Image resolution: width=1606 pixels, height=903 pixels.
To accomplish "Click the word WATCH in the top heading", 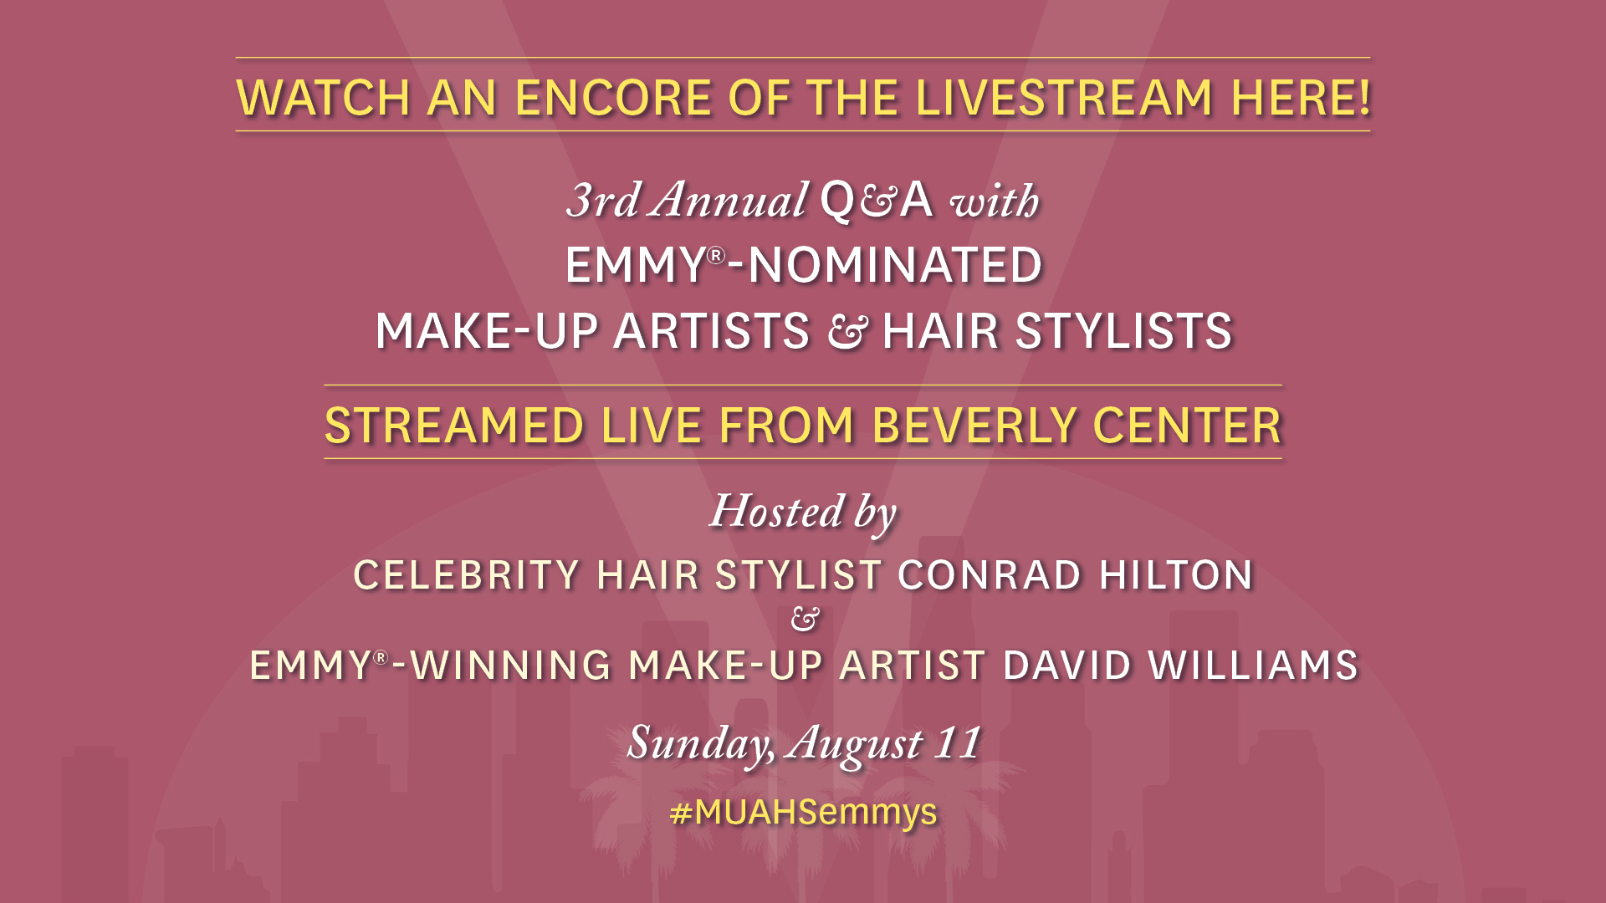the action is (x=323, y=98).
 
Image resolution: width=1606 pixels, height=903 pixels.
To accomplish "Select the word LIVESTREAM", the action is (x=1064, y=98).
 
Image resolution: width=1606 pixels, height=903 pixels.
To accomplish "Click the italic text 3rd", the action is (x=603, y=201).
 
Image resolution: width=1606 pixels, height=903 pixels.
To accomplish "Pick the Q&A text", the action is (x=876, y=201).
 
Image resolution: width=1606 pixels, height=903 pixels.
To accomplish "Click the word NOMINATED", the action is (x=895, y=265).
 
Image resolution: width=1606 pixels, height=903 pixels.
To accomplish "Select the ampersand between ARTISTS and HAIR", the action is (x=846, y=332).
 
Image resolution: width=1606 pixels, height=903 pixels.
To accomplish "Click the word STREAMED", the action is (x=454, y=426).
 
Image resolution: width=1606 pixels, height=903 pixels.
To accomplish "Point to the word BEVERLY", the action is (x=974, y=426).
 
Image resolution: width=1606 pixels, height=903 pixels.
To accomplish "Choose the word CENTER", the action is (x=1187, y=426).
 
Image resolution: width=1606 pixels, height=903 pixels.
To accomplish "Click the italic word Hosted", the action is (x=777, y=511).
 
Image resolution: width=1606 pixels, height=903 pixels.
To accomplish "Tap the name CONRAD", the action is (x=990, y=575).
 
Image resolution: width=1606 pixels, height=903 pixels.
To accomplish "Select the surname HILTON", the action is (x=1176, y=575).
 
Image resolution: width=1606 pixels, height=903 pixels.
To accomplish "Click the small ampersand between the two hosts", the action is (x=805, y=620).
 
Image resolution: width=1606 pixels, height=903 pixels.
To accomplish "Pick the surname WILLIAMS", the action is (x=1253, y=666).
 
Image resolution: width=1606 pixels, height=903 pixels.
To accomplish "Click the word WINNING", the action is (x=511, y=666).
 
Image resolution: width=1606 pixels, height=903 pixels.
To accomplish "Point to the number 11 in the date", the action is (x=958, y=742).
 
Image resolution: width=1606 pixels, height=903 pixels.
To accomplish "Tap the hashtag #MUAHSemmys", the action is (x=804, y=812).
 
